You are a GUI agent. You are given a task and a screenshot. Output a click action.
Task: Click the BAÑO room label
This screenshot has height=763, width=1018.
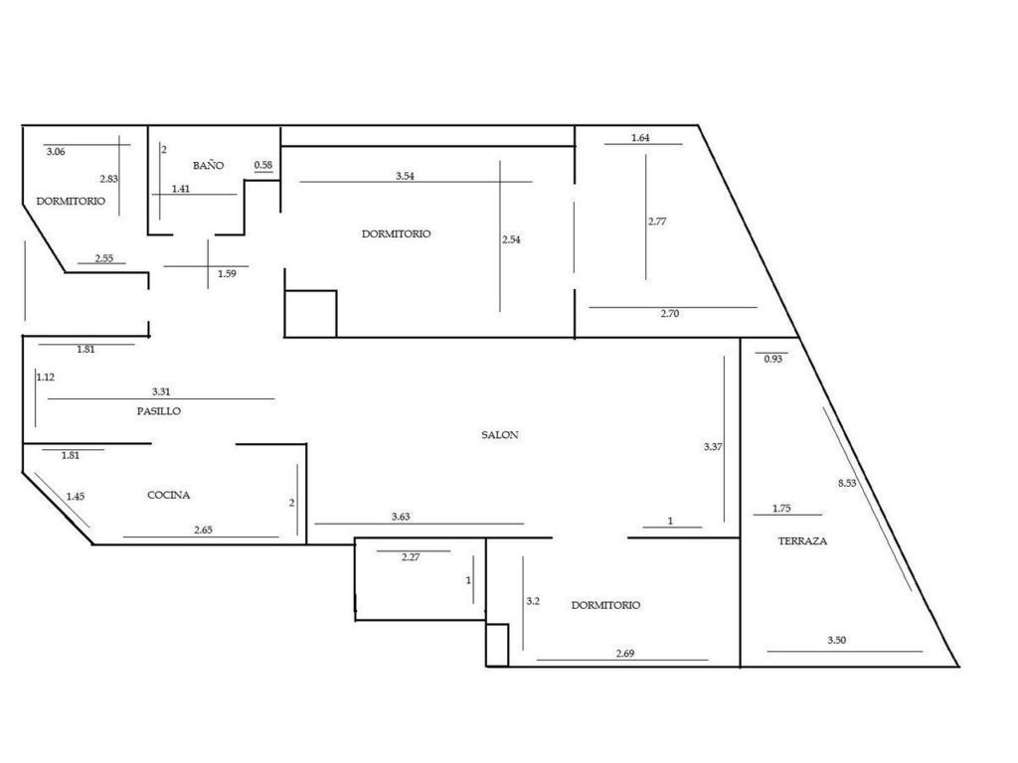coord(208,166)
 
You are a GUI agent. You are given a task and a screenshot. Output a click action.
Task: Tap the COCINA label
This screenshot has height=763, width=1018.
coord(169,495)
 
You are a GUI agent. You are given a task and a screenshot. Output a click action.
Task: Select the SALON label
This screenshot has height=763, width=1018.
coord(500,435)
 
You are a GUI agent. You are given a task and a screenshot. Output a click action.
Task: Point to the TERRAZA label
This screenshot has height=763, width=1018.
coord(802,540)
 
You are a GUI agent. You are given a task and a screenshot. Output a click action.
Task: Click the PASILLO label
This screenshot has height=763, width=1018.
coord(158,410)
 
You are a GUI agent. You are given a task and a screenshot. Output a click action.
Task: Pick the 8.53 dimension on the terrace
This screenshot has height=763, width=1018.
coord(847,483)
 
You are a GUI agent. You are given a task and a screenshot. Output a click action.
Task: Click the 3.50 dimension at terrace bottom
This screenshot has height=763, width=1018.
coord(837,640)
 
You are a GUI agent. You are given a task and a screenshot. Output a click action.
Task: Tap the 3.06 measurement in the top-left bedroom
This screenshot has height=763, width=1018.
coord(56,152)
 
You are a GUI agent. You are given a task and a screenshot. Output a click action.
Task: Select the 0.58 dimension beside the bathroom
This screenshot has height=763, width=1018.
coord(262,165)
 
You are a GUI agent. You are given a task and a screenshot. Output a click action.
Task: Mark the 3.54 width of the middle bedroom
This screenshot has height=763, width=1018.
coord(405,176)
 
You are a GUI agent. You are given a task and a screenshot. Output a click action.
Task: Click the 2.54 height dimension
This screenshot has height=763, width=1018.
coord(511,239)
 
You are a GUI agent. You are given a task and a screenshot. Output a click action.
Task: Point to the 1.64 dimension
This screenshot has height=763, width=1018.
coord(640,137)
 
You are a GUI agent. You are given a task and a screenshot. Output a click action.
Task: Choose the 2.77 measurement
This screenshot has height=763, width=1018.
coord(657,222)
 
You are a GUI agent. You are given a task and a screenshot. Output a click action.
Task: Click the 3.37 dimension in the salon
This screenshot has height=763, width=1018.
coord(713,446)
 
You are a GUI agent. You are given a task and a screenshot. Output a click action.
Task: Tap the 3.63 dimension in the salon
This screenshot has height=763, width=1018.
coord(401,517)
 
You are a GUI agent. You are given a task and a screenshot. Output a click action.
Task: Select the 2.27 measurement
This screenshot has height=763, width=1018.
coord(411,556)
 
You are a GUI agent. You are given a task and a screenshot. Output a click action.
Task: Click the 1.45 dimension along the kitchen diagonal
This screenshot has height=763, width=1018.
coord(76,497)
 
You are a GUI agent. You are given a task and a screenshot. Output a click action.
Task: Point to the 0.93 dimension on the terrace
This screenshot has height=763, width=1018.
coord(772,359)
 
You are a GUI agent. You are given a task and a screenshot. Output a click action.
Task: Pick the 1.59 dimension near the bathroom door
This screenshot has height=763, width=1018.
coord(227,274)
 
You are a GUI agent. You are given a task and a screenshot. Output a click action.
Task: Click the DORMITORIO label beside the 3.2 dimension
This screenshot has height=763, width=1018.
coord(605,605)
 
